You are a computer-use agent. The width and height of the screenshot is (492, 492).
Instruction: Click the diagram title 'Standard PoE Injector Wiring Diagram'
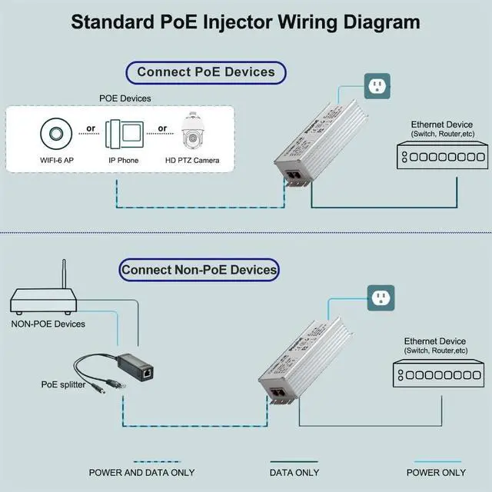245,21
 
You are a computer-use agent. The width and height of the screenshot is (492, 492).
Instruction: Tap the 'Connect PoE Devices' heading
205,72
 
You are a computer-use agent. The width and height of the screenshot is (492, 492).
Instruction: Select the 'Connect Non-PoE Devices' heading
199,270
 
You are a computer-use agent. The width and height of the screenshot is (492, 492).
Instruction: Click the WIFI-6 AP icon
56,134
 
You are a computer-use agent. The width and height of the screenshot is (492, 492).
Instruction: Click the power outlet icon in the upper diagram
377,86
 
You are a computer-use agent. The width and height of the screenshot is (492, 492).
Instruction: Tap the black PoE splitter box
144,374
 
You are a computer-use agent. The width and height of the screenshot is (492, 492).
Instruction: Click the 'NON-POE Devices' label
48,324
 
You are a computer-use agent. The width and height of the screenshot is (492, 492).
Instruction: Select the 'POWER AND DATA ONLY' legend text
141,472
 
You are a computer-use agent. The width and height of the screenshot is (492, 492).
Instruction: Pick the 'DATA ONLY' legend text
294,472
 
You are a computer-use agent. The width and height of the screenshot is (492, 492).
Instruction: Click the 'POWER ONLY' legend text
436,472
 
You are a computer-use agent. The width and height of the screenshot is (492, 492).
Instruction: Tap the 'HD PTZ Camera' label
192,161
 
